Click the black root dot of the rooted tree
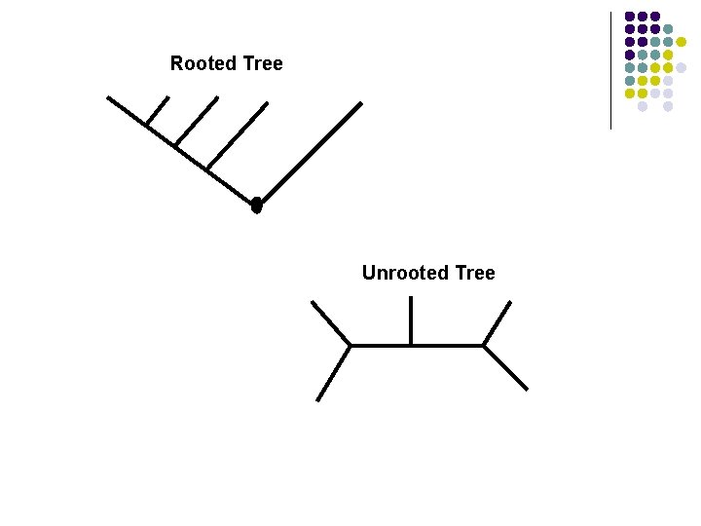pyautogui.click(x=256, y=206)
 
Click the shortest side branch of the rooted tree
pyautogui.click(x=158, y=110)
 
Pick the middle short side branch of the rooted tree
pyautogui.click(x=196, y=121)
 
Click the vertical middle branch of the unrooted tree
pyautogui.click(x=411, y=320)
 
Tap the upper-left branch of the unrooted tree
pyautogui.click(x=331, y=322)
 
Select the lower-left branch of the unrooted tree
pyautogui.click(x=334, y=372)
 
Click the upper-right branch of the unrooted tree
pyautogui.click(x=498, y=322)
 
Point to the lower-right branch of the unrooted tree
pyautogui.click(x=505, y=367)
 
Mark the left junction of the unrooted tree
pyautogui.click(x=350, y=345)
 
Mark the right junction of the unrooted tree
pyautogui.click(x=484, y=345)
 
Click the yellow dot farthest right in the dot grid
pyautogui.click(x=682, y=42)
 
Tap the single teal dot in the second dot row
pyautogui.click(x=668, y=29)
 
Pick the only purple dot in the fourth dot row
pyautogui.click(x=630, y=55)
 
